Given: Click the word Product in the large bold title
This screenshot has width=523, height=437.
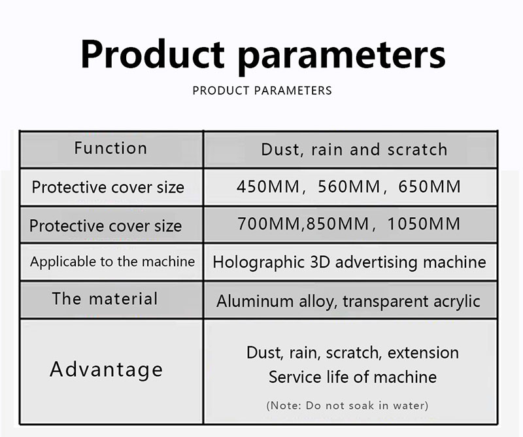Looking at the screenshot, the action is point(152,54).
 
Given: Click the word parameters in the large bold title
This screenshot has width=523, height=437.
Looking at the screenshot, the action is point(341,58).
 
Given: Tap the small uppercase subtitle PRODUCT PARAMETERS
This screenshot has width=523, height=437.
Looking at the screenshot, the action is point(262,90).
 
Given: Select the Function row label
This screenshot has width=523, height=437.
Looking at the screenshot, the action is point(110,148).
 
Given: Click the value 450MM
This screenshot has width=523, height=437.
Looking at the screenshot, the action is point(268,186).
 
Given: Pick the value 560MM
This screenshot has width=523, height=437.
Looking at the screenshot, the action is point(349,186).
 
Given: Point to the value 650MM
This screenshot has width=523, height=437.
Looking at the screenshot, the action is point(430,186).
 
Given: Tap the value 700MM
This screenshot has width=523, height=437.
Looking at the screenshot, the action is point(269,223).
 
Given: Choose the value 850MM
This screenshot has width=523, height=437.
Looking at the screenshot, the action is point(337,223).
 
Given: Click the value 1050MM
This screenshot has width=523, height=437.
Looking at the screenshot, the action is point(424,223).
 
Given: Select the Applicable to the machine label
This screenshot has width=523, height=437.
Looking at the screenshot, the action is point(112,262).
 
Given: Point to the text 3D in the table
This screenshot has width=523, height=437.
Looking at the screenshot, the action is point(320,262).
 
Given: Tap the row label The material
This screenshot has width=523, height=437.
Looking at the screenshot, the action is point(105,298).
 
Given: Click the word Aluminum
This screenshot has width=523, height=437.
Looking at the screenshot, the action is point(255,301).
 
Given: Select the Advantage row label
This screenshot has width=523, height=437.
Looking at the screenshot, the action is point(107,370).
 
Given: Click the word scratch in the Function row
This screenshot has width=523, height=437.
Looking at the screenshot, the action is point(417,149).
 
